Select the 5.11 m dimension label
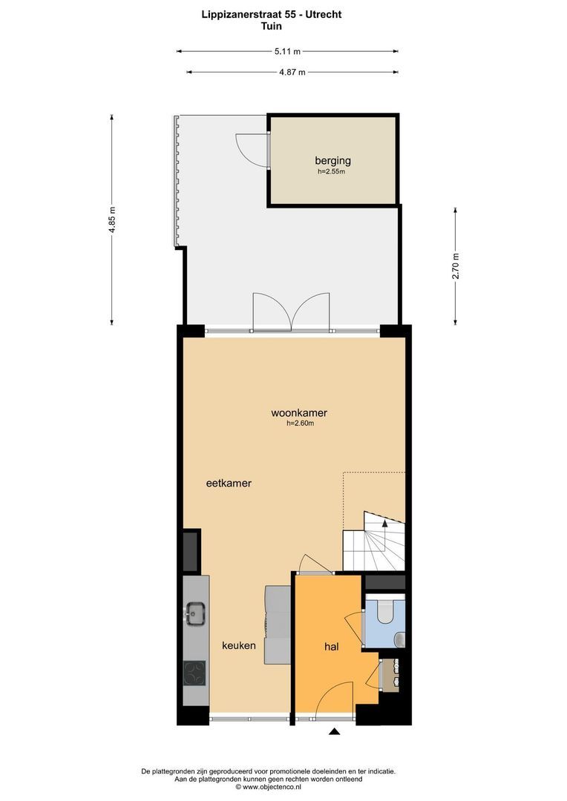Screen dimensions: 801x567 click(x=287, y=51)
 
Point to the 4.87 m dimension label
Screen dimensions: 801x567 click(x=292, y=72)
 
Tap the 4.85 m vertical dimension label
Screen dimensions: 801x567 click(x=112, y=220)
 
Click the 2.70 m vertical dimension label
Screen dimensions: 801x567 click(x=456, y=266)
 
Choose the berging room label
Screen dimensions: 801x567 click(x=332, y=160)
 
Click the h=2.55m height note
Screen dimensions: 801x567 click(x=332, y=171)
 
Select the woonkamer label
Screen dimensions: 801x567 click(x=300, y=413)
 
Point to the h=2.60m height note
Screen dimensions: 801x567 click(x=300, y=424)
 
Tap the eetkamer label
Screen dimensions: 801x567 click(x=229, y=483)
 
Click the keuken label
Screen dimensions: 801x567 click(x=239, y=645)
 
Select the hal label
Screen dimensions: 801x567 click(x=331, y=647)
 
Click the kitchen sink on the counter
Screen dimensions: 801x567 click(x=196, y=613)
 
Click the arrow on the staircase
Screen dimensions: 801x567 click(x=384, y=524)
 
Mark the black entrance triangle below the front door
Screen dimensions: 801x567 click(x=335, y=732)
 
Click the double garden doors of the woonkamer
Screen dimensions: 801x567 click(x=290, y=311)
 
